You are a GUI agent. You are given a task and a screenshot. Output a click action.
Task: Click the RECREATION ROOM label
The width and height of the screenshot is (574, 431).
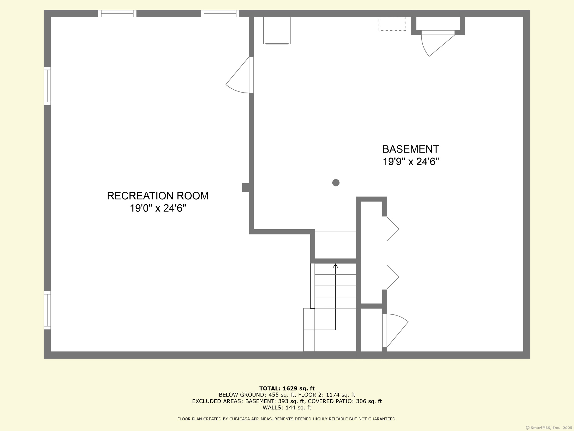(158, 196)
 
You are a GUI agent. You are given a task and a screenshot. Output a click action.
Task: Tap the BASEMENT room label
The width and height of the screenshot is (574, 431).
(410, 149)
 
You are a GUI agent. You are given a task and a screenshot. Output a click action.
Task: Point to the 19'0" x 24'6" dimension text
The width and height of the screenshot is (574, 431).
(158, 208)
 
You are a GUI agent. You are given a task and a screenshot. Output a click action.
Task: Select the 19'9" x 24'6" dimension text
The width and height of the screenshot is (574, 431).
(411, 162)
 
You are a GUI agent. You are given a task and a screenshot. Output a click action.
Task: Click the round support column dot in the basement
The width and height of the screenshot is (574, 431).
(336, 183)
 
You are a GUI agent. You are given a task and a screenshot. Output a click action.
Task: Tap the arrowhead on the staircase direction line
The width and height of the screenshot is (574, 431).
(335, 266)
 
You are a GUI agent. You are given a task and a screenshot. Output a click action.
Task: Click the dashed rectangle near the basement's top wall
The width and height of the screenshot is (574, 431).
(392, 24)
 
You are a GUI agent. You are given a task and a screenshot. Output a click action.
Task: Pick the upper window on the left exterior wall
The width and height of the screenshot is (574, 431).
(47, 86)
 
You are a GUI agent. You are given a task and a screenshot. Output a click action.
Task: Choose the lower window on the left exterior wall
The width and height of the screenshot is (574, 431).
(47, 310)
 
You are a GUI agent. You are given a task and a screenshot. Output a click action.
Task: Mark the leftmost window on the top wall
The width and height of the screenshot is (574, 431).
(117, 14)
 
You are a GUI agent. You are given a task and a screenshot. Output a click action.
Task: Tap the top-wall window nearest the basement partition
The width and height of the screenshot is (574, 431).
(220, 14)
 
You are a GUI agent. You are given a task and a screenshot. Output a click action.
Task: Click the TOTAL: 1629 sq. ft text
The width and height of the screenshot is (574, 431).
(287, 389)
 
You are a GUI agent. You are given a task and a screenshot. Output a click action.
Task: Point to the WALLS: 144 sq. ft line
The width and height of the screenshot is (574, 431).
(287, 408)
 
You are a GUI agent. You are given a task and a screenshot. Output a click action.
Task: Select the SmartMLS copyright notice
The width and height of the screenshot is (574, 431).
(548, 428)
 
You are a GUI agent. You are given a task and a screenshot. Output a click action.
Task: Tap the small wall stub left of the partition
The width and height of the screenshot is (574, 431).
(245, 187)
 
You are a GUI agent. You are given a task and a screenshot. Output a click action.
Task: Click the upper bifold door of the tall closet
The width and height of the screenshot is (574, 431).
(391, 229)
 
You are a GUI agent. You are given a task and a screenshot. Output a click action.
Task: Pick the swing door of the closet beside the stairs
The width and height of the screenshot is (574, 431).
(396, 330)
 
